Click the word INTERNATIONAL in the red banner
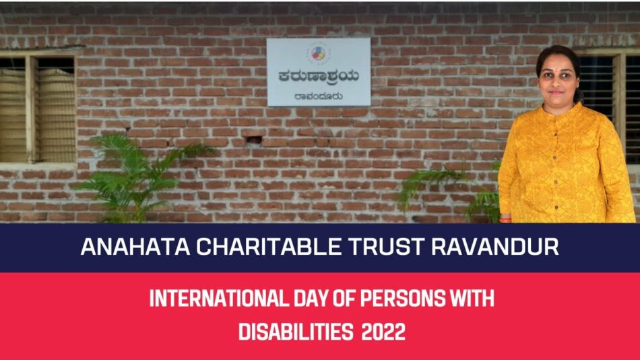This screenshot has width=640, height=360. [x=220, y=298]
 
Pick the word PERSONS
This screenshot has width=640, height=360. [x=404, y=298]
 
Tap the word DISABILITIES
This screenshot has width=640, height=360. [x=296, y=332]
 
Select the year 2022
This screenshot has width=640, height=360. [x=383, y=332]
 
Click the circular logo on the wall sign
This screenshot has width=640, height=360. [x=319, y=53]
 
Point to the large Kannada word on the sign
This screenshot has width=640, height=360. [x=319, y=77]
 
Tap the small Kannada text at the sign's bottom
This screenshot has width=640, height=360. [x=319, y=97]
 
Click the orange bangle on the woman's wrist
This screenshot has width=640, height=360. [x=505, y=220]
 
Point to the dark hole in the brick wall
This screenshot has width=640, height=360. [x=254, y=140]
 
